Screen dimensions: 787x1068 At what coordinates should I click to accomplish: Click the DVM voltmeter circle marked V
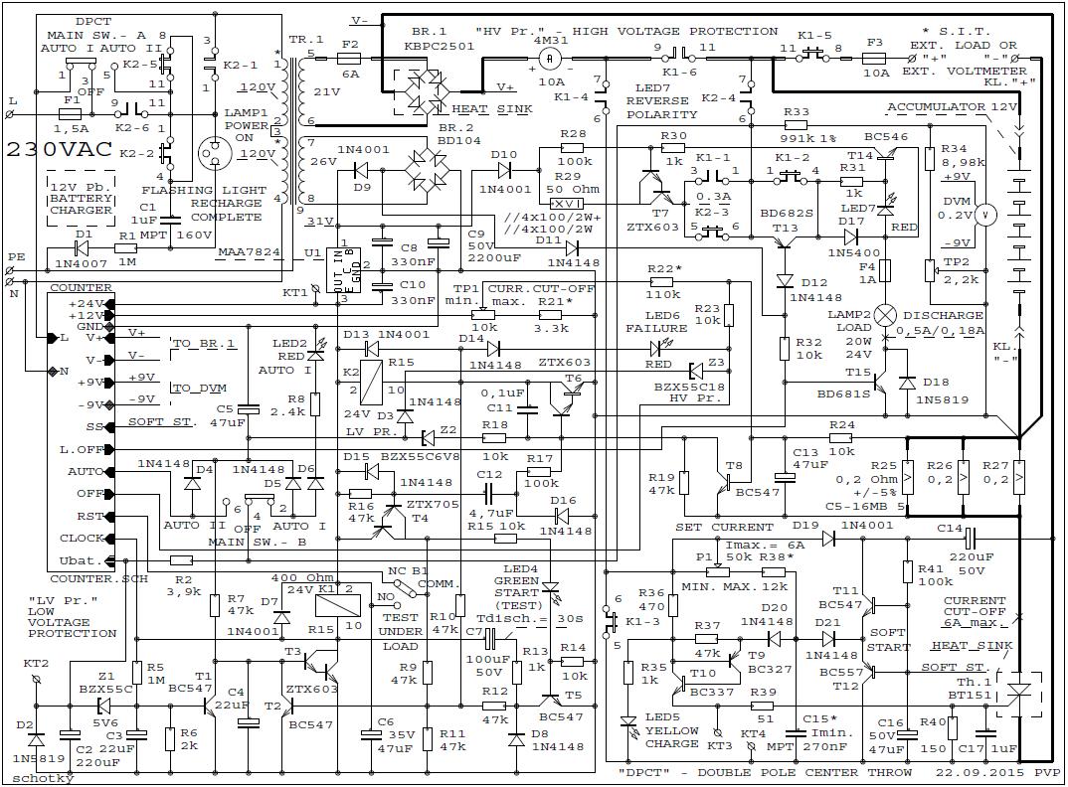984,214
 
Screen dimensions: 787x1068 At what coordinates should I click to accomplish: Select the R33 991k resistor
796,126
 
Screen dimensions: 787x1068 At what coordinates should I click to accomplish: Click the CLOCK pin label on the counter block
82,539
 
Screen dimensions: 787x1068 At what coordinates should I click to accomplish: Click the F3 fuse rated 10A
874,59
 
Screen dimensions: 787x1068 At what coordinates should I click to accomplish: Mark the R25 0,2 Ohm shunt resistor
907,478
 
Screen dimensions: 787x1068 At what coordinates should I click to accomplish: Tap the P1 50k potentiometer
717,571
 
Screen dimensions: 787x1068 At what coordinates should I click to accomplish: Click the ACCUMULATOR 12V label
952,106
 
